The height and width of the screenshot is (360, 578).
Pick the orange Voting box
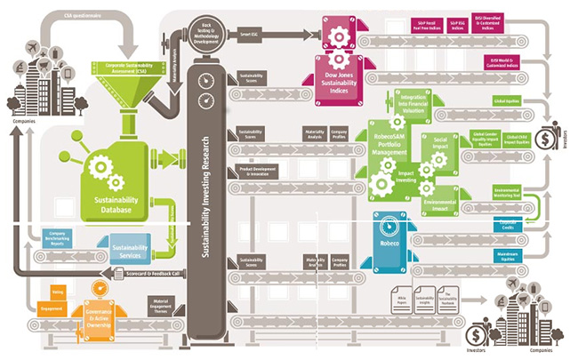tap(56, 291)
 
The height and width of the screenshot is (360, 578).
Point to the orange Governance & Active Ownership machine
tap(104, 315)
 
